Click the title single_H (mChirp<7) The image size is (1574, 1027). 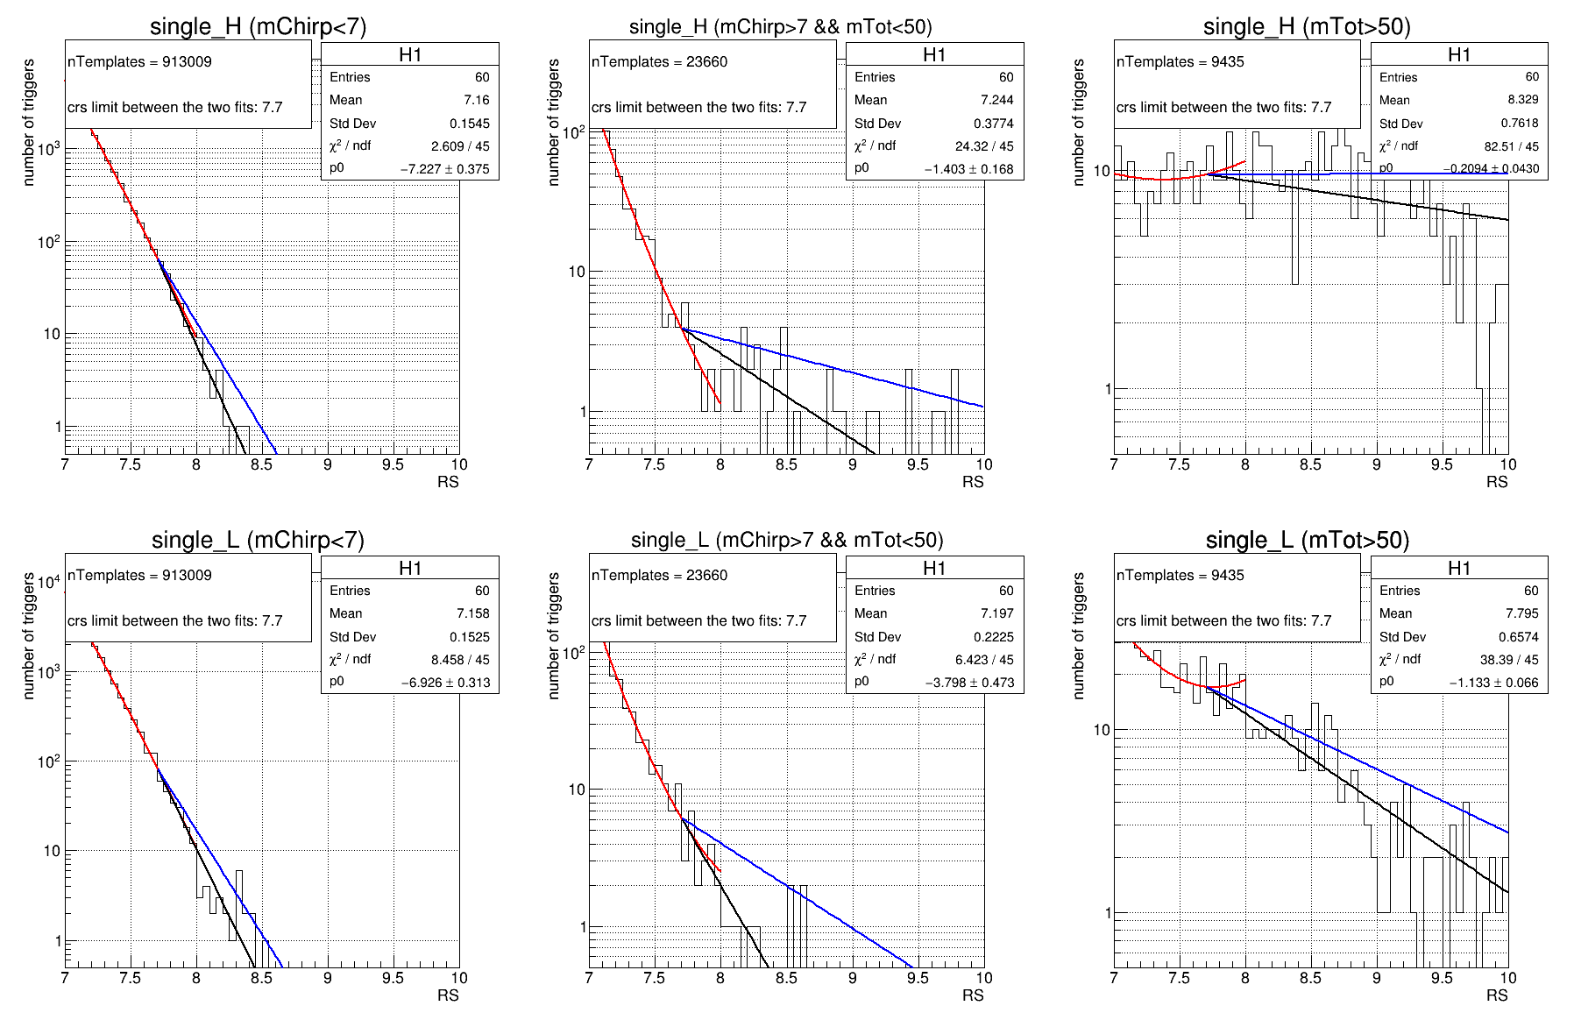click(x=258, y=26)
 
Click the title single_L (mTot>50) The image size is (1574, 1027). click(x=1307, y=540)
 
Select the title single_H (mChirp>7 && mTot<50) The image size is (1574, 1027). click(x=780, y=26)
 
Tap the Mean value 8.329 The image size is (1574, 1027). click(x=1523, y=100)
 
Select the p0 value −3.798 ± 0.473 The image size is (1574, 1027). click(x=969, y=683)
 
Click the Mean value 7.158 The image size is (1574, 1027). click(x=472, y=613)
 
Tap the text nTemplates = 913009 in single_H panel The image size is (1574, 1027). click(x=139, y=61)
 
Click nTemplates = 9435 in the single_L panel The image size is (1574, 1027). click(x=1180, y=575)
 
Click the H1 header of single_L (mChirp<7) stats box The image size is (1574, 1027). click(x=410, y=568)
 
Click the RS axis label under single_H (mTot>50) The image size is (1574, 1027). click(x=1496, y=482)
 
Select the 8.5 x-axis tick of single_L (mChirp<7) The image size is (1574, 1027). click(x=261, y=978)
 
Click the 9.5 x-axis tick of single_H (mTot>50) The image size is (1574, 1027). click(x=1442, y=464)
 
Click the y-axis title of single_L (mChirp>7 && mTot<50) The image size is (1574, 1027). click(x=553, y=635)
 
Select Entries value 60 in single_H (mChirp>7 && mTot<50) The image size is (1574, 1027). click(x=1006, y=77)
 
